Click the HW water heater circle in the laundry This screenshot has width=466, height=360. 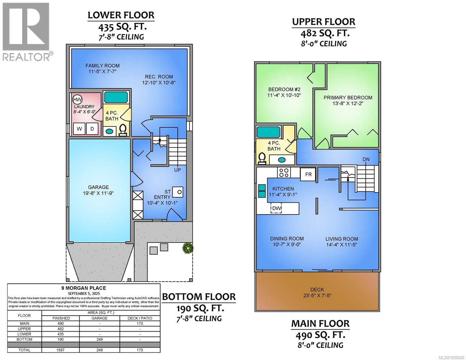[x=77, y=99]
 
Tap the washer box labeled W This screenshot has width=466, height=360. [x=79, y=129]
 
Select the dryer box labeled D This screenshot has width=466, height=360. [x=92, y=129]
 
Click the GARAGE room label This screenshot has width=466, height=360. [x=98, y=187]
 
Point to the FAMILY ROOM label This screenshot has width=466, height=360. [x=102, y=66]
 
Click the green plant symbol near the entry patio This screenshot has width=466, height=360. [x=188, y=248]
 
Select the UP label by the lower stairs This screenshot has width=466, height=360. [x=178, y=170]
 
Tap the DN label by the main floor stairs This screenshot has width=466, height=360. [x=366, y=159]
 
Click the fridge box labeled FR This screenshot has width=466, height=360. [x=308, y=174]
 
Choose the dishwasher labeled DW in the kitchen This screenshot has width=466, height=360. [x=276, y=208]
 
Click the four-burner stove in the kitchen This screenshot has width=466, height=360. [x=284, y=172]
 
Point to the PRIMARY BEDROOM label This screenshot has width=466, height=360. [x=348, y=97]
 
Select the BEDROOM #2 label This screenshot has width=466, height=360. [x=284, y=89]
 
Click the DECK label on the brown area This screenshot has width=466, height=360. [x=317, y=289]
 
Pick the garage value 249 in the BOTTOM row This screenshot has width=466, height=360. [x=99, y=339]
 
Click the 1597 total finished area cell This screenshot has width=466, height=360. [x=61, y=350]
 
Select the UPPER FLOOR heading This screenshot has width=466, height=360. [x=324, y=22]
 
